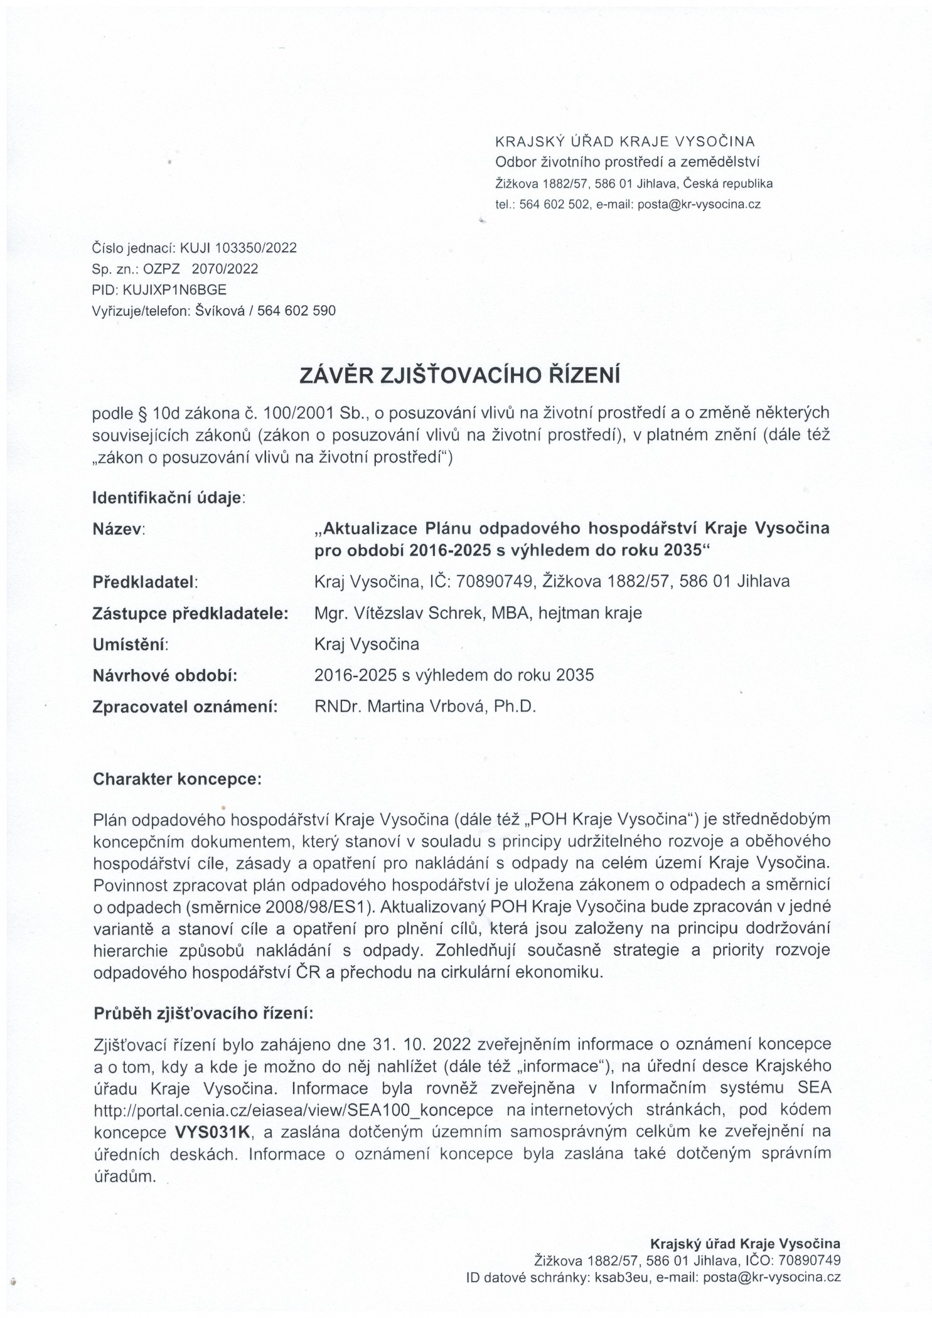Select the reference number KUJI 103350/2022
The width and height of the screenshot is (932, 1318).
coord(238,248)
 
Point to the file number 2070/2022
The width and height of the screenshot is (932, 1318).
coord(225,269)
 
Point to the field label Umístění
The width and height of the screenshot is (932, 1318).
coord(131,645)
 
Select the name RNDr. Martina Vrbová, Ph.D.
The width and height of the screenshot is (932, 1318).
coord(425,707)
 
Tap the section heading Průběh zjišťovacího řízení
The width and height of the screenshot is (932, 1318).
coord(202,1014)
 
